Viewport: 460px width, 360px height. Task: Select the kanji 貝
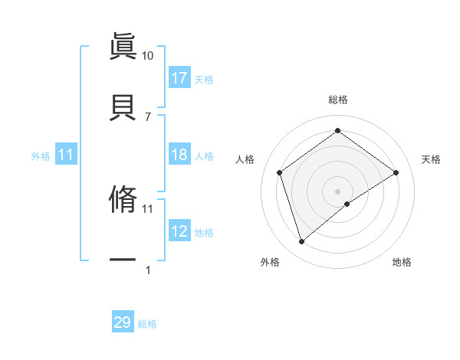(x=123, y=106)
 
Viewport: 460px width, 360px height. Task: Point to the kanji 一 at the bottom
(x=123, y=260)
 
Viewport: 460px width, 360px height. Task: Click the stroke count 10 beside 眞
(x=147, y=56)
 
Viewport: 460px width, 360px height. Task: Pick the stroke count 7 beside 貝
(x=147, y=116)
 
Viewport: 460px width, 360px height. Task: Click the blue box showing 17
(x=179, y=78)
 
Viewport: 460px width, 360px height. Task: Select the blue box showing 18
(x=179, y=155)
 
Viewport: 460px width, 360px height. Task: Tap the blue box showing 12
(x=179, y=231)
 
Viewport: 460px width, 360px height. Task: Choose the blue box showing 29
(x=123, y=322)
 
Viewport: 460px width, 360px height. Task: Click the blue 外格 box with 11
(x=66, y=155)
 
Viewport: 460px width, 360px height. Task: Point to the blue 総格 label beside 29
(x=147, y=324)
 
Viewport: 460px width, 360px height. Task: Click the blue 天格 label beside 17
(x=204, y=79)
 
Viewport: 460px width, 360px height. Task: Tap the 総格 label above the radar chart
(x=338, y=100)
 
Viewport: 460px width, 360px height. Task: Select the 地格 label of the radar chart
(x=402, y=262)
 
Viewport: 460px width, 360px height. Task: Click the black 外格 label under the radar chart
(x=270, y=262)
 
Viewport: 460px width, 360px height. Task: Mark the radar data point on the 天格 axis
(x=396, y=172)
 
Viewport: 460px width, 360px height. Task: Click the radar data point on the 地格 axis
(x=347, y=204)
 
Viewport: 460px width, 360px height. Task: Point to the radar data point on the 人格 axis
(x=280, y=172)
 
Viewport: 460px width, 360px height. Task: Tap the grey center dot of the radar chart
(x=338, y=191)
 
